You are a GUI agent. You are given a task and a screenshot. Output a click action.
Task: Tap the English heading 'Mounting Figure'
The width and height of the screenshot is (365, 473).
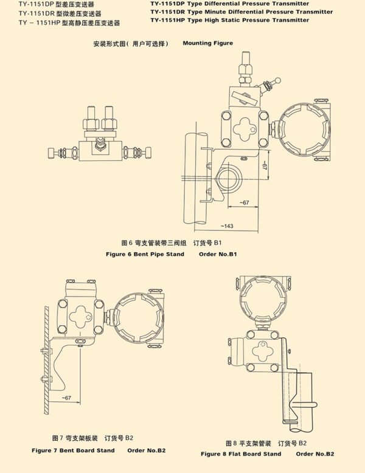click(x=207, y=44)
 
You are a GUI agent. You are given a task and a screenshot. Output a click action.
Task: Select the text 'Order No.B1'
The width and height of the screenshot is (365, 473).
click(x=217, y=254)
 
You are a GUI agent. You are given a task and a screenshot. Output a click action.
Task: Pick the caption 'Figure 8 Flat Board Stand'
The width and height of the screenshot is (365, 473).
click(x=241, y=454)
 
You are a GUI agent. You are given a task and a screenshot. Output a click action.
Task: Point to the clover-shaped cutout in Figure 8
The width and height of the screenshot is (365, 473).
click(x=263, y=351)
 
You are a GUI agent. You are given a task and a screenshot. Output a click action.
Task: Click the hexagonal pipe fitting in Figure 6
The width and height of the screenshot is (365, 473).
click(x=229, y=178)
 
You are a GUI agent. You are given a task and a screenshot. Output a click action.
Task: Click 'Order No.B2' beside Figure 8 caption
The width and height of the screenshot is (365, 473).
click(x=316, y=454)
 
